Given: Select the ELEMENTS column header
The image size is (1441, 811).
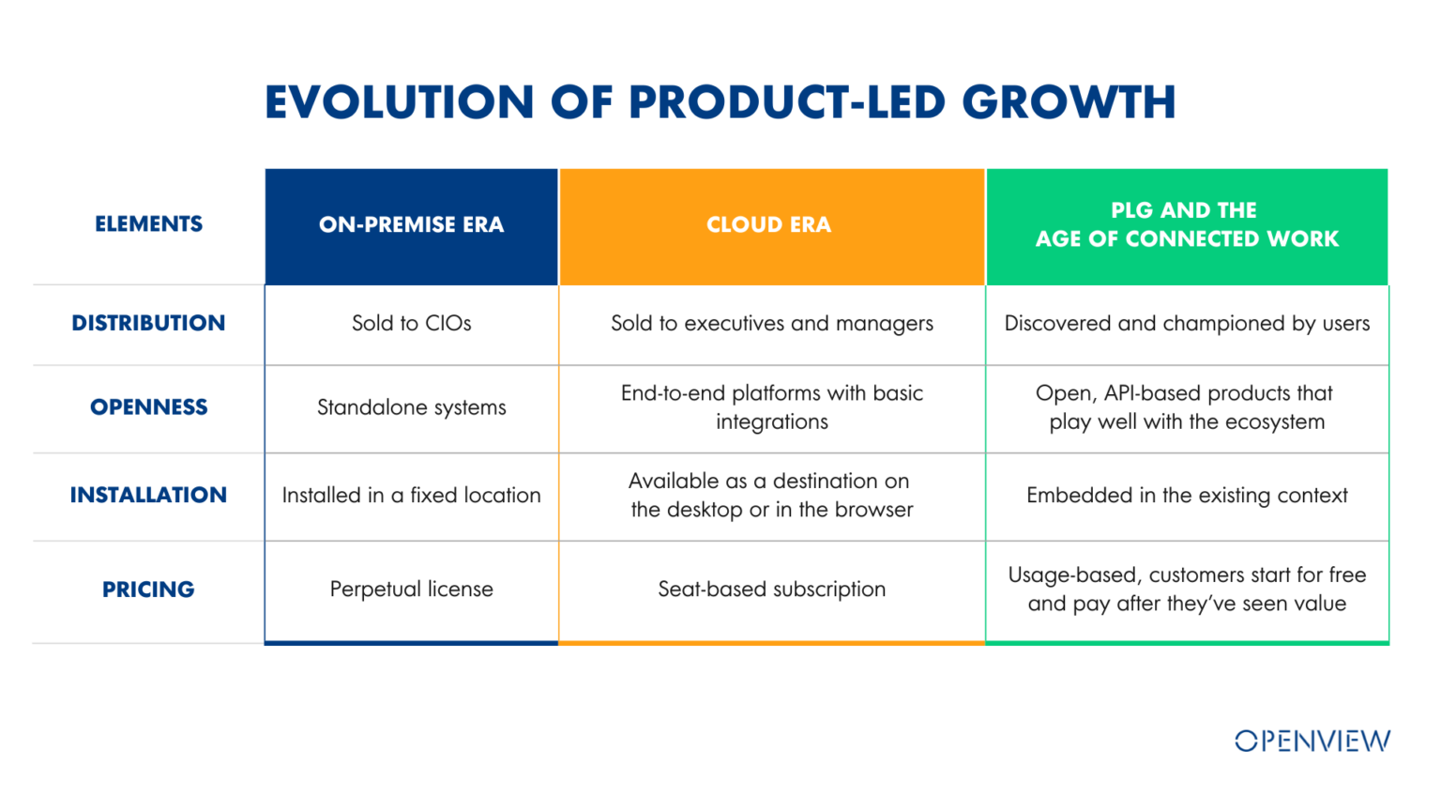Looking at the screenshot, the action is coord(148,224).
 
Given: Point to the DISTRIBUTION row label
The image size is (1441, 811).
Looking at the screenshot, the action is coord(148,323).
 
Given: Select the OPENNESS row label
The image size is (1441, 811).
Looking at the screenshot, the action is coord(148,407).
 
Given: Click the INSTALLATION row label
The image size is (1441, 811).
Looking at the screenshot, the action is coord(148,495).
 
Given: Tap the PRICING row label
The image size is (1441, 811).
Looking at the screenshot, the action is coord(148,589).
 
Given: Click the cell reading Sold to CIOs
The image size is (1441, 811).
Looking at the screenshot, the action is coord(412,323).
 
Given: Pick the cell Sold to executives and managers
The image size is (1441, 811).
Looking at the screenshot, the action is coord(772,324).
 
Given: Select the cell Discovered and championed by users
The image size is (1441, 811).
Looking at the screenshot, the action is coord(1187,324).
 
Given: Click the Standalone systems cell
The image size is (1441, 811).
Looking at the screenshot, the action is coord(412,407).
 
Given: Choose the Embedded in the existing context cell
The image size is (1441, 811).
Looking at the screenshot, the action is coord(1187,496).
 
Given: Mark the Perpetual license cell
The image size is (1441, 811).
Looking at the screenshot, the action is coord(412,589).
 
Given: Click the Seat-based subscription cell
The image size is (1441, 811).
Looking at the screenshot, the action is coord(772,589).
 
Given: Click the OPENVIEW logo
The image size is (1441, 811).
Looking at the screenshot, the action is coord(1312,741).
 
